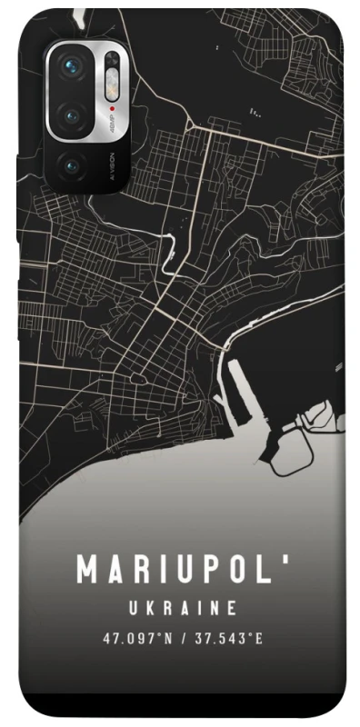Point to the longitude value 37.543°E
tap(227, 638)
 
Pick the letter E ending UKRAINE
tap(233, 607)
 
